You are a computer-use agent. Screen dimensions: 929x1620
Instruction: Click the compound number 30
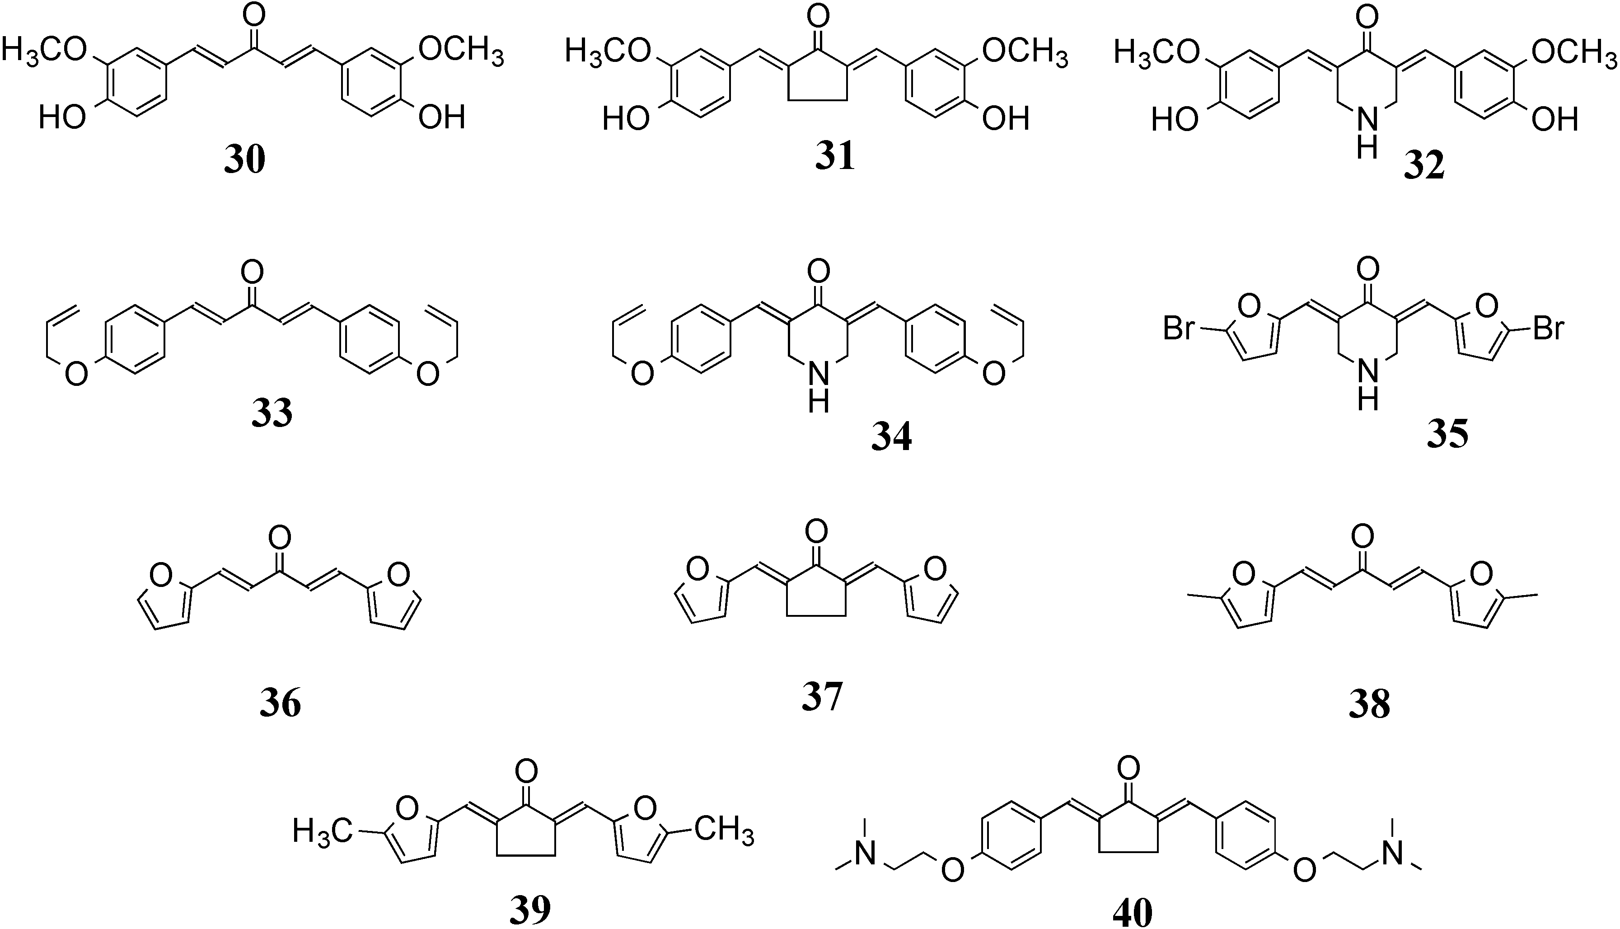tap(245, 160)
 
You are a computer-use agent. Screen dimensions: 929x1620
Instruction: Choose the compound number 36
tap(280, 704)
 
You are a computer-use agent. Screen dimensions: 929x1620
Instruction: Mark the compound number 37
tap(822, 697)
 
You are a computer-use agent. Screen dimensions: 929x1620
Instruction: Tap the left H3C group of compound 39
tap(323, 831)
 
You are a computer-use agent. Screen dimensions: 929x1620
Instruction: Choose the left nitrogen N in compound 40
tap(865, 854)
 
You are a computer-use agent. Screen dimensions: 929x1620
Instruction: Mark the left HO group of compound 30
tap(62, 117)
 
